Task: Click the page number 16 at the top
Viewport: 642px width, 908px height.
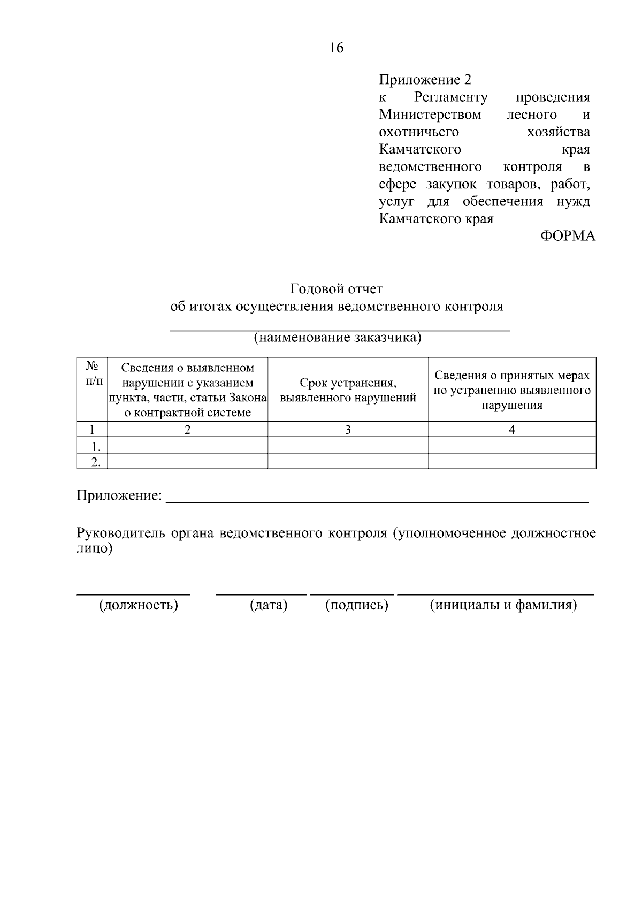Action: [x=337, y=48]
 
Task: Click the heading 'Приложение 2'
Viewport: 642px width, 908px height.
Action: [x=425, y=80]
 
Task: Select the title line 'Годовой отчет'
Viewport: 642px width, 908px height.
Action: [x=337, y=289]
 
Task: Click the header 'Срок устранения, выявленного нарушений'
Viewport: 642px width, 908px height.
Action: [x=348, y=390]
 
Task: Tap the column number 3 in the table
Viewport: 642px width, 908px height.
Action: [x=348, y=429]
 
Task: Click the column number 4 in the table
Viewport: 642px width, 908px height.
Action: [x=512, y=429]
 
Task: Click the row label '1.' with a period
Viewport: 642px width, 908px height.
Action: [x=96, y=446]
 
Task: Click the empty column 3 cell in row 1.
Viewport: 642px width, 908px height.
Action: [x=348, y=446]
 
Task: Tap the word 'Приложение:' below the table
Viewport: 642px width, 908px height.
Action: [x=119, y=496]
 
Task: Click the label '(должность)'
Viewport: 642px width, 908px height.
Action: [x=138, y=605]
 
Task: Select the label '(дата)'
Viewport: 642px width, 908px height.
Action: [x=269, y=605]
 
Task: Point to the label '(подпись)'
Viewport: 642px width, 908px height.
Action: [x=356, y=605]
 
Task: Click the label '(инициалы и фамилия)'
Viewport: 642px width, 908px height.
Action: [x=503, y=605]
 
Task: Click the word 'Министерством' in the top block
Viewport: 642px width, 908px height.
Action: [x=430, y=115]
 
